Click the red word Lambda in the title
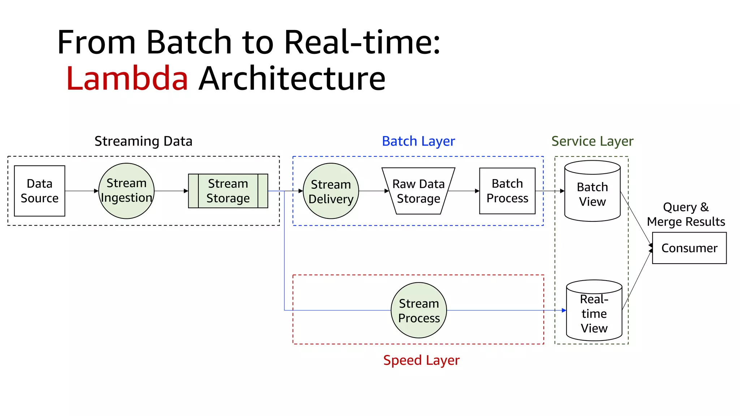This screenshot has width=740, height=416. [x=127, y=78]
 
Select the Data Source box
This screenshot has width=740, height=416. [x=40, y=191]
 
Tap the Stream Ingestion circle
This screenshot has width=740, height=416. [x=126, y=191]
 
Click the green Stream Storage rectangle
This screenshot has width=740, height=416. [x=228, y=191]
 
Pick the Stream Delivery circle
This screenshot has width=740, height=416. [x=331, y=191]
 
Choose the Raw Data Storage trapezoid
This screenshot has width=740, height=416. [x=418, y=191]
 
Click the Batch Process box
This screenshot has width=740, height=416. [x=507, y=191]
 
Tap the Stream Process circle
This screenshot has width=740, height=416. [x=419, y=311]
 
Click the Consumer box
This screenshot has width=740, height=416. [x=689, y=248]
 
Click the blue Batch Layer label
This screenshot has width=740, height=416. [x=418, y=141]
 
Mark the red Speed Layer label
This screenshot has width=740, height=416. [x=421, y=360]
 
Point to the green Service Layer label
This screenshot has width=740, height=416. [x=592, y=141]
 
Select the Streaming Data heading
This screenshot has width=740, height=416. [x=143, y=141]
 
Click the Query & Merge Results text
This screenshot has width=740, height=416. [x=686, y=214]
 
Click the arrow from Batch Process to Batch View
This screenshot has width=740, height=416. [x=550, y=191]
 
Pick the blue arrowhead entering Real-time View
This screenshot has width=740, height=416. [x=564, y=310]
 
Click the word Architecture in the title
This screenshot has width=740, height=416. [x=292, y=78]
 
